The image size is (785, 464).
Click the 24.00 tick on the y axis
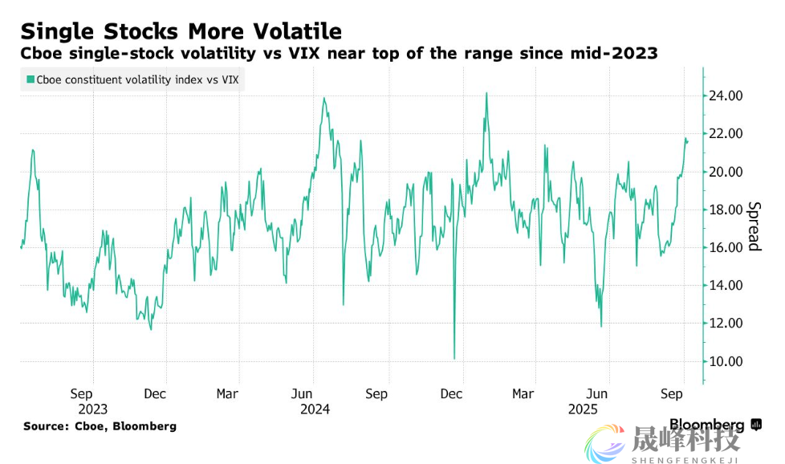click(x=725, y=96)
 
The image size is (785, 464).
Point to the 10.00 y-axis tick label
click(x=725, y=361)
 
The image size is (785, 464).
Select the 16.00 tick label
click(x=725, y=247)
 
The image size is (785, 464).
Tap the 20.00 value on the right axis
click(x=725, y=172)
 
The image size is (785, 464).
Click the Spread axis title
click(x=754, y=226)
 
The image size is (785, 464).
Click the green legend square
click(x=31, y=79)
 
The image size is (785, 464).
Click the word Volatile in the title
click(x=293, y=31)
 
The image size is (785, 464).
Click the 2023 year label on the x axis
click(x=92, y=409)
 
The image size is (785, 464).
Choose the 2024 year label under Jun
click(x=314, y=409)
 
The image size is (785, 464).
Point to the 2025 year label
click(x=584, y=409)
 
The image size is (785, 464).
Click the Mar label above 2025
click(x=523, y=394)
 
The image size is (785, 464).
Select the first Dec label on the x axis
click(x=155, y=394)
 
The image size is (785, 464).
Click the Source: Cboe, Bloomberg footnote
click(x=100, y=425)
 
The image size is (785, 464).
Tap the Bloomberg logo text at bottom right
click(x=706, y=424)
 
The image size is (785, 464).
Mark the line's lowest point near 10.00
click(x=454, y=358)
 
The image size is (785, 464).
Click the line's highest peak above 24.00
click(x=486, y=93)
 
